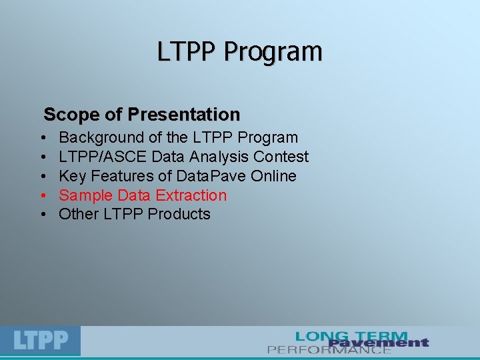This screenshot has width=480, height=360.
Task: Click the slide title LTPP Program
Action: click(239, 51)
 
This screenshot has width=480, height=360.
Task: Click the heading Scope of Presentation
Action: click(141, 115)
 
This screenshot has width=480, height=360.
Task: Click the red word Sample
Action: click(86, 195)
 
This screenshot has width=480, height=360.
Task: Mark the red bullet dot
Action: click(42, 196)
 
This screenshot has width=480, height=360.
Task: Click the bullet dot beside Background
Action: click(42, 139)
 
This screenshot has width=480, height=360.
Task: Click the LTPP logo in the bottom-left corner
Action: click(41, 341)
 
